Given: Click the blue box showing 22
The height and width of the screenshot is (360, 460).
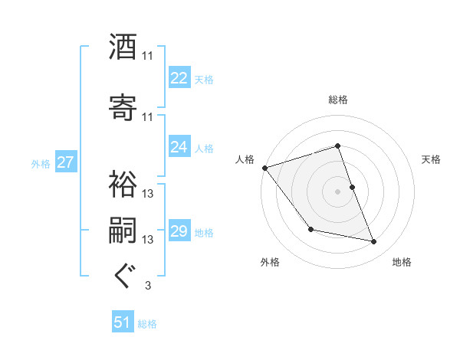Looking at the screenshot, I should (x=179, y=78).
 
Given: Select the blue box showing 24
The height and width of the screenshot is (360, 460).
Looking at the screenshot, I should (x=179, y=147).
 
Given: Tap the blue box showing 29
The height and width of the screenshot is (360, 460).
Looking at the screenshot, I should (x=179, y=231).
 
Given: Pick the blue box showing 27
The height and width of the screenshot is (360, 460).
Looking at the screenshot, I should (x=65, y=162).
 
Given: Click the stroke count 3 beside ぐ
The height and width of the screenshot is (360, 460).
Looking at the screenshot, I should (x=148, y=286).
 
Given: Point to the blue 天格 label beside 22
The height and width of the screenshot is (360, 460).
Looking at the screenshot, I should (x=204, y=80).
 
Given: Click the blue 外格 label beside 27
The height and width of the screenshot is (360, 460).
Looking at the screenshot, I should (x=41, y=163).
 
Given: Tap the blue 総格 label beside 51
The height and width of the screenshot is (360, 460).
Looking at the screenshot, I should (x=148, y=324).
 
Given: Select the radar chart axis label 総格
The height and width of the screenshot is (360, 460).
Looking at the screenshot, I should (x=338, y=100).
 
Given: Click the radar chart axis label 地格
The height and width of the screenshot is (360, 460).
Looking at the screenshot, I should (x=402, y=263).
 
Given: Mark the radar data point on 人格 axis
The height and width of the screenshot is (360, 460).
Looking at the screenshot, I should (x=264, y=168).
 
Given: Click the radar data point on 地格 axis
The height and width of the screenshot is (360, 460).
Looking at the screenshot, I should (x=374, y=242).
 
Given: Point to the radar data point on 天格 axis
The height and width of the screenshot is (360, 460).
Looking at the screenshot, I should (x=352, y=186).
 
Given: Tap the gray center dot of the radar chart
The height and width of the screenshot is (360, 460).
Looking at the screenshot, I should (x=337, y=191).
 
